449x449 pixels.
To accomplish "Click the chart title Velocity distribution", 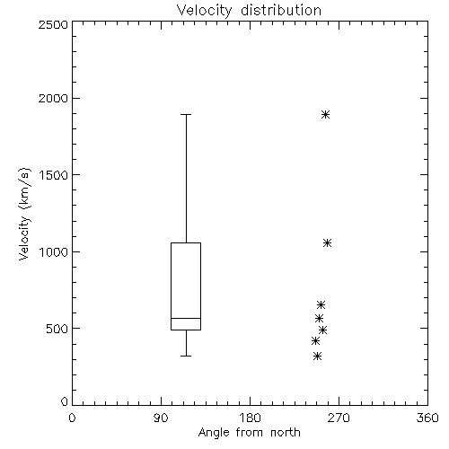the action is tap(249, 10).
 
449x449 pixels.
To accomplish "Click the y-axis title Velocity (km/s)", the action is tap(24, 214).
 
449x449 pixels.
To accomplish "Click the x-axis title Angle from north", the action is tap(249, 433).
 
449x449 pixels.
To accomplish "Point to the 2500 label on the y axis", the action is tap(54, 24).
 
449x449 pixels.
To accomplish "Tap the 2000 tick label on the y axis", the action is tap(54, 98).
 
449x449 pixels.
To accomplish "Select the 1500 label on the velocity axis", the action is tap(54, 175).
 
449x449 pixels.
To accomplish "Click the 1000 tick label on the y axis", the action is tap(54, 251).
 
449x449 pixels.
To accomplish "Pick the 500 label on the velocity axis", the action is tap(57, 329).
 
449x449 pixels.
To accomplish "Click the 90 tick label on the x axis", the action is tap(161, 418).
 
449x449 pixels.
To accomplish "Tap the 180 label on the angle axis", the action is tap(251, 418).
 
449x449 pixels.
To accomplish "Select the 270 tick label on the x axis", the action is tap(339, 418).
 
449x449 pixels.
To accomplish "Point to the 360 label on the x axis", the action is tap(427, 418).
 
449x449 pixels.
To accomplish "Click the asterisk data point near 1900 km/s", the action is tap(326, 114).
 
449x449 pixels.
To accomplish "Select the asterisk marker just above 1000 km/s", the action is tap(328, 242).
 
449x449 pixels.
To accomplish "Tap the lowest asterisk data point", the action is tap(318, 357).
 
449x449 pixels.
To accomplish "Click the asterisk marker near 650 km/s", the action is tap(321, 305).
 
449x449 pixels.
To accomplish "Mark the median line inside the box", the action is tap(186, 318).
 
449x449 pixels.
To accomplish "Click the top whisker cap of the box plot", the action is tap(186, 114).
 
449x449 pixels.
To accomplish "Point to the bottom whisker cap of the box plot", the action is tap(186, 356).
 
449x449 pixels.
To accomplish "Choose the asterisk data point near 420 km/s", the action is tap(315, 341).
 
